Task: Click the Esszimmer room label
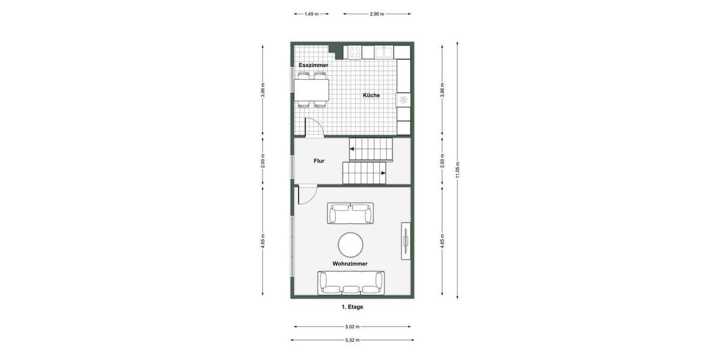point(313,65)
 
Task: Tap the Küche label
point(371,95)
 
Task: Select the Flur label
point(319,161)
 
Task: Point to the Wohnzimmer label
point(350,263)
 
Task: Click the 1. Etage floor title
point(352,307)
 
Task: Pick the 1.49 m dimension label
point(311,13)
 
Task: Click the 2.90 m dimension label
point(377,13)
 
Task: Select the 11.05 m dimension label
point(458,169)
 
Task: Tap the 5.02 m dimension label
point(352,327)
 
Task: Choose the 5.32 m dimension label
point(352,340)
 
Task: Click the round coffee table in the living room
point(350,245)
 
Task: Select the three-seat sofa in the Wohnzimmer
point(352,283)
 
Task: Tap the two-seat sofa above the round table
point(350,213)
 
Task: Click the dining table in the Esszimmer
point(312,90)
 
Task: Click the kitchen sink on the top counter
point(384,52)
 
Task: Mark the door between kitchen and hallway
point(314,128)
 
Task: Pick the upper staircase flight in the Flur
point(371,149)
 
